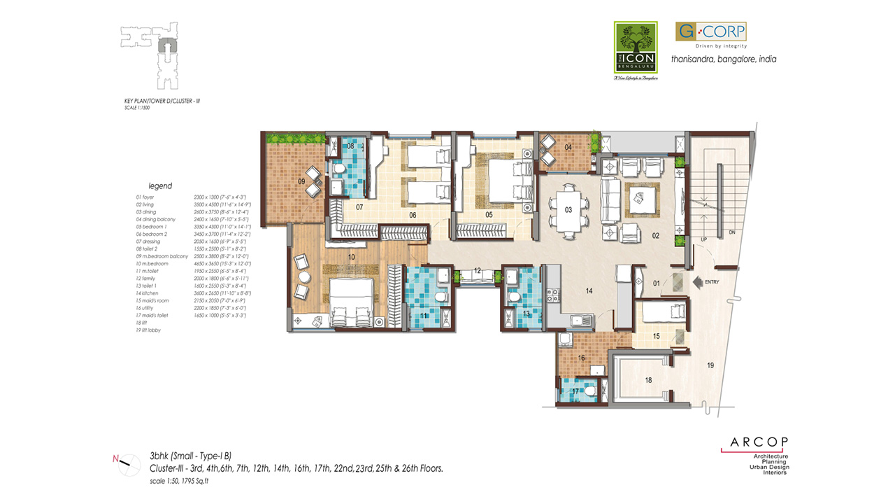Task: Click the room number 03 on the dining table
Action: [568, 209]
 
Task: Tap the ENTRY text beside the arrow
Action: [713, 282]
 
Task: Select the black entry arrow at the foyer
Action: [696, 282]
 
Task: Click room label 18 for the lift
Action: [648, 380]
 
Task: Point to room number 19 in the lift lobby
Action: [710, 365]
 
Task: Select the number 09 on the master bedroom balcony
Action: [301, 182]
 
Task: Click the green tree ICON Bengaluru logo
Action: [636, 48]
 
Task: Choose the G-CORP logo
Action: [710, 32]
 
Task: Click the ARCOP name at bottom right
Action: [759, 442]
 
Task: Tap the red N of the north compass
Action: [115, 459]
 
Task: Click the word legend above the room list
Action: [160, 186]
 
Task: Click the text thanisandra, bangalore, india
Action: [723, 59]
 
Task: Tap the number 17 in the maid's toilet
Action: [575, 391]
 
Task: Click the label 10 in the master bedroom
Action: [352, 258]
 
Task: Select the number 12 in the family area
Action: [477, 270]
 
